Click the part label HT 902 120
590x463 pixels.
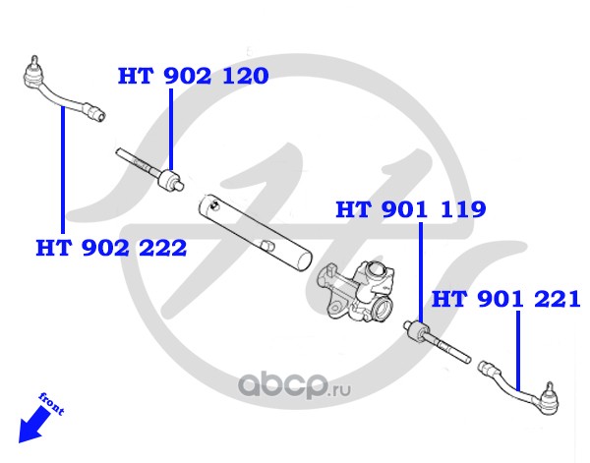(194, 76)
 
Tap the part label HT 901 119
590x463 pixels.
(411, 209)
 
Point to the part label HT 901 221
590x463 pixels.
(506, 298)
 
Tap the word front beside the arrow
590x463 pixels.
(51, 403)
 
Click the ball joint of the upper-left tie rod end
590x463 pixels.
(31, 71)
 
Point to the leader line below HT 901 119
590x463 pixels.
(421, 270)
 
